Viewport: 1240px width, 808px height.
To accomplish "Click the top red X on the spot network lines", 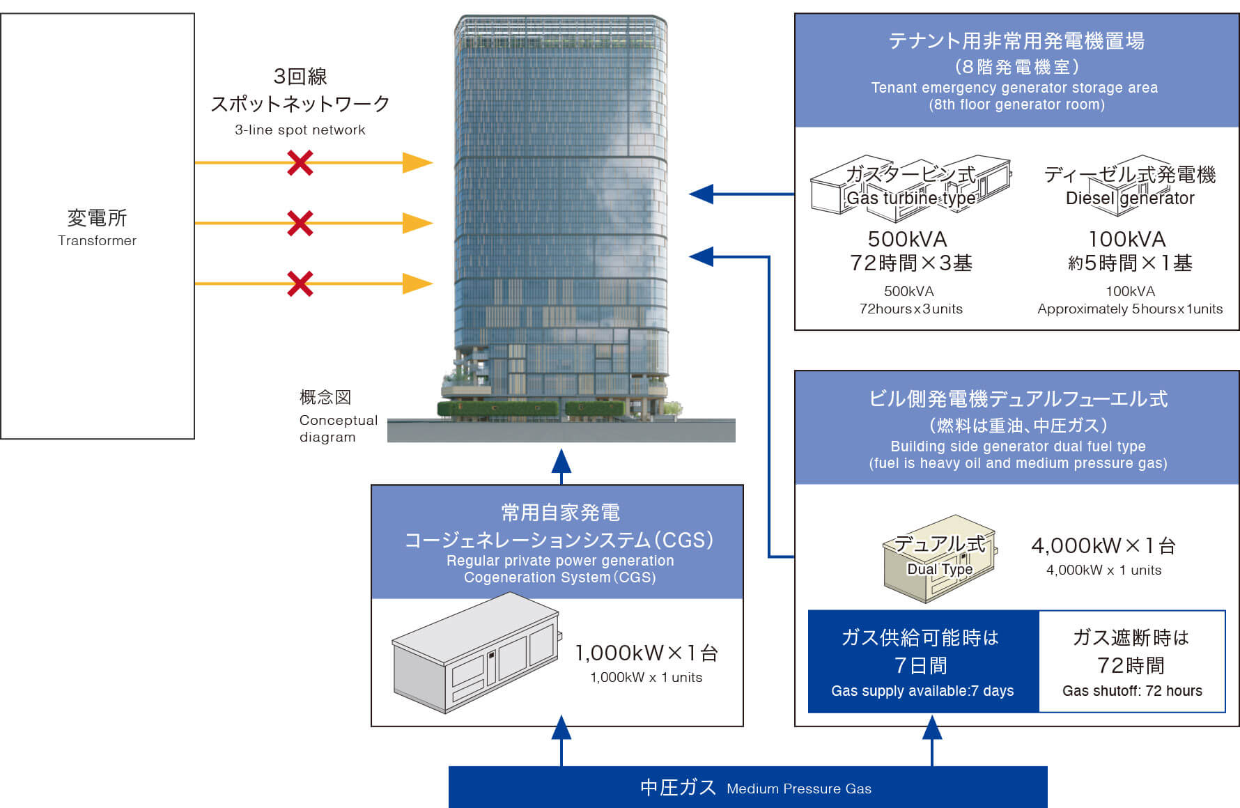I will click(x=300, y=163).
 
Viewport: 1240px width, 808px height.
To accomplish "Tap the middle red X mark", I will click(x=300, y=224).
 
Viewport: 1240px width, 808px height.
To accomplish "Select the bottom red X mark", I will click(x=300, y=283).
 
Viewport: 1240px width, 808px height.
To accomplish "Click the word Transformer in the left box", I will click(x=97, y=240).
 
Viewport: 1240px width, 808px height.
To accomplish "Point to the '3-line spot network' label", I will click(x=300, y=130).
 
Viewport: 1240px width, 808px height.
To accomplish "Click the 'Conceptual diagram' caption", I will click(x=338, y=428).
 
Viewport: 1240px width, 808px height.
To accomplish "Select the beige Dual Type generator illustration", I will click(x=939, y=558).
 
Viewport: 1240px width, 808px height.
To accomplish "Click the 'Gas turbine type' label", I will click(x=910, y=198).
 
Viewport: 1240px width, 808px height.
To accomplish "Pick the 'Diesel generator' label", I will click(x=1129, y=199).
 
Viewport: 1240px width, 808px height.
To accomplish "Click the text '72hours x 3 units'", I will click(x=910, y=309).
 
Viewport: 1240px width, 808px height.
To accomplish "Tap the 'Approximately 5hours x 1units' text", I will click(x=1129, y=309).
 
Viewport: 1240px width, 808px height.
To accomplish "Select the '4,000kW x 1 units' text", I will click(x=1103, y=570).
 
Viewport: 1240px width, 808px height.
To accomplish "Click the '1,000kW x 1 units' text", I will click(x=646, y=677).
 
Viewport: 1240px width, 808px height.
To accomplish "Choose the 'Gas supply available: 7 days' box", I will click(x=922, y=662).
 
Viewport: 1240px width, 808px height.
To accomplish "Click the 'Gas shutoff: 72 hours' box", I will click(x=1132, y=662).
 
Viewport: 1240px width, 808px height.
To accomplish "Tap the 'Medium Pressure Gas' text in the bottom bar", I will click(x=798, y=788).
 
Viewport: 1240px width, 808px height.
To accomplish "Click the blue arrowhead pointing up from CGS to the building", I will click(x=561, y=461).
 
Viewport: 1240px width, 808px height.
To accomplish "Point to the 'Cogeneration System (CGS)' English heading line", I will click(x=560, y=577).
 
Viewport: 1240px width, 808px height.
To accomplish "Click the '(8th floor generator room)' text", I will click(x=1016, y=104).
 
